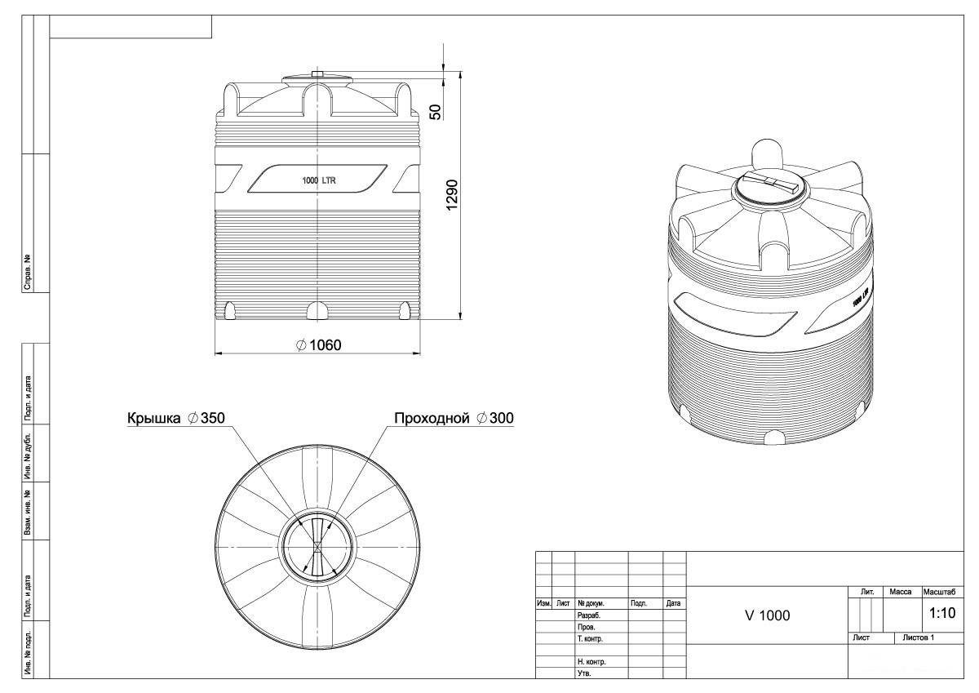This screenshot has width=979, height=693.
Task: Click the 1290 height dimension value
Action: coord(451,194)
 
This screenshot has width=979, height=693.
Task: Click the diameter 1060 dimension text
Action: coord(319,345)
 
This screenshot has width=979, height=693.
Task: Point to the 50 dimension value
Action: coord(436,112)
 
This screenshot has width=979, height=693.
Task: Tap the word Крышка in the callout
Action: coord(153,418)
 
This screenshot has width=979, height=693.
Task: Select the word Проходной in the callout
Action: coord(432,418)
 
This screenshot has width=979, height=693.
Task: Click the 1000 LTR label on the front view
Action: coord(319,180)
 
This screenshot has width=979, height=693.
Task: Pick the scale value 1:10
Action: coord(942,613)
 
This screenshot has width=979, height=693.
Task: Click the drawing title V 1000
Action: coord(768,615)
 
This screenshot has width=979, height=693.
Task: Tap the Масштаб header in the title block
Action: coord(940,592)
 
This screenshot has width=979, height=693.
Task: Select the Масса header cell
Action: coord(901,592)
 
